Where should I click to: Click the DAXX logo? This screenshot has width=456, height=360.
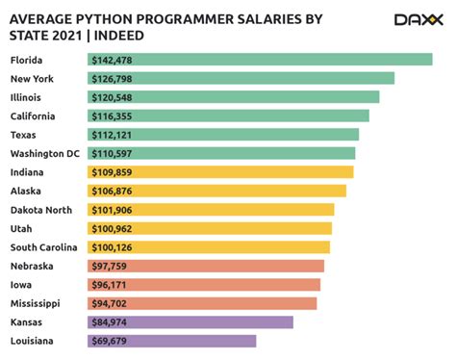pos(418,19)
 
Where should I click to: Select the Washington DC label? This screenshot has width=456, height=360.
pos(45,153)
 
